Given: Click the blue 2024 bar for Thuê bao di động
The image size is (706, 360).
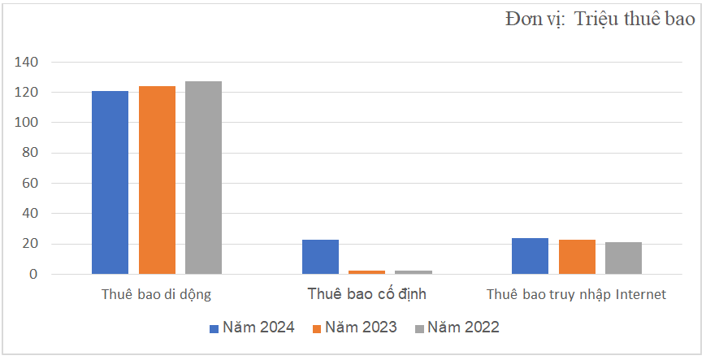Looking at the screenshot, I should pos(110,182).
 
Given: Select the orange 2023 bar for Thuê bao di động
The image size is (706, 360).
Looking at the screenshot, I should pos(157,180).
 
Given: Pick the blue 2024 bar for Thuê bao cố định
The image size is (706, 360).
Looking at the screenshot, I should pos(320,257).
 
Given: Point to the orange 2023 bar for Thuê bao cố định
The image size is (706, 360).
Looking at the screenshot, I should pos(366,271).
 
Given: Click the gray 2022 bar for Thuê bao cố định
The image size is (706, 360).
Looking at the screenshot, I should pos(414,271).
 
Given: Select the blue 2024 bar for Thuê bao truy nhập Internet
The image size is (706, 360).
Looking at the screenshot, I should pos(530,256).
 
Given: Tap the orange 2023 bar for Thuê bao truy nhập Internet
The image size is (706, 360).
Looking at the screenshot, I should pos(577,257).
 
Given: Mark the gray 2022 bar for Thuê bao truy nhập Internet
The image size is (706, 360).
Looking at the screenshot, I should pos(623,258).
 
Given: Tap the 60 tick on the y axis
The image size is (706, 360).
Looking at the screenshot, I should pos(30,184).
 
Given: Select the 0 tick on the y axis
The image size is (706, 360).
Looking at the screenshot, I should pos(33,275).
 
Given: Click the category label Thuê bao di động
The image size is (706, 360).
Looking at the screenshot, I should pos(157,294).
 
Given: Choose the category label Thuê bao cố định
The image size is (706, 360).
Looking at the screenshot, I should pos(366,294).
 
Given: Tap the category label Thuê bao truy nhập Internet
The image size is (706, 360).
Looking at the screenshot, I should pos(576,294).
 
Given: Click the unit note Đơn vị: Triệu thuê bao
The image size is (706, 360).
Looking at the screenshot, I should pos(599,20).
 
